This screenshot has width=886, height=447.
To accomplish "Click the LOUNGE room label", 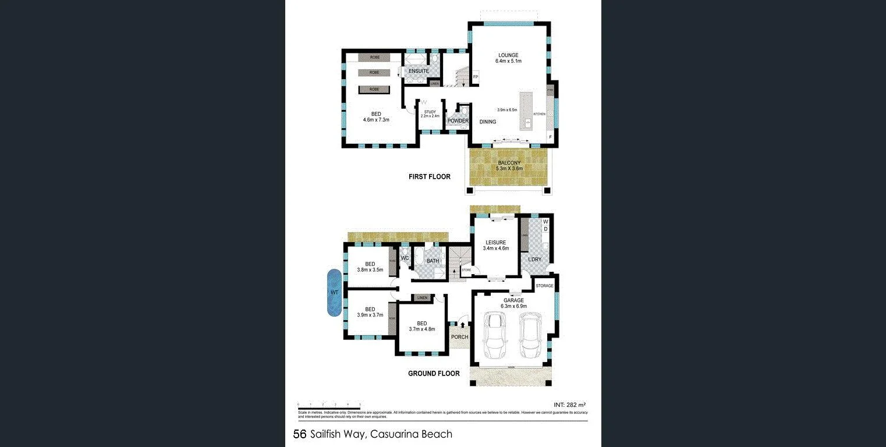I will (x=507, y=55).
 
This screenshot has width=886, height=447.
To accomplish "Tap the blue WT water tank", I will (x=334, y=292).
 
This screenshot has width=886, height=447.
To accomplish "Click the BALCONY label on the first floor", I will (x=509, y=163).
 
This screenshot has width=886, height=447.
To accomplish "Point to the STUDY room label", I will (x=430, y=112).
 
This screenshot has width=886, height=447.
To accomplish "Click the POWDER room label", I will (x=458, y=121).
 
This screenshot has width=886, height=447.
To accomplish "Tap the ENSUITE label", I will (x=419, y=71).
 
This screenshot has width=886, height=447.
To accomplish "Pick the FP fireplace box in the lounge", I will (x=476, y=77).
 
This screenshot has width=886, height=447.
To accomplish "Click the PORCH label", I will (x=460, y=337).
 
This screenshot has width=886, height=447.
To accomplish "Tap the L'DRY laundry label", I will (x=534, y=259).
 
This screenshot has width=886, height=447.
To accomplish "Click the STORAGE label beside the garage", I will (x=545, y=286).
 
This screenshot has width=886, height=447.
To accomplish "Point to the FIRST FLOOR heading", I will (x=429, y=176).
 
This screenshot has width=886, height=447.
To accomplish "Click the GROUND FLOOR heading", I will (x=434, y=374).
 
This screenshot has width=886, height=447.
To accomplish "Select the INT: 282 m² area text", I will (x=568, y=404).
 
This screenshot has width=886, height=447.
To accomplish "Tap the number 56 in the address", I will (x=300, y=434).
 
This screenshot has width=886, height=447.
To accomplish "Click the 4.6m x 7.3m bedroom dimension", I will (x=375, y=120).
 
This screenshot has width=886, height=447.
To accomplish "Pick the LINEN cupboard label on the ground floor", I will (x=422, y=298).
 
